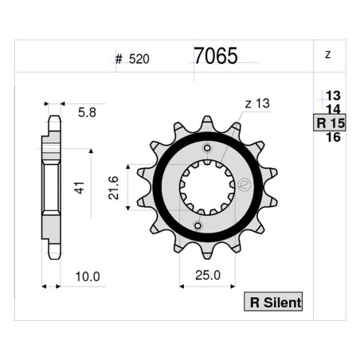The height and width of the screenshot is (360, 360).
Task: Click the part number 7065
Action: pyautogui.click(x=215, y=55)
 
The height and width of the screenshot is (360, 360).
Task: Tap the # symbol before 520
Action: pyautogui.click(x=119, y=59)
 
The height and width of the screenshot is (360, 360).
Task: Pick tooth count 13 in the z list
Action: pyautogui.click(x=333, y=96)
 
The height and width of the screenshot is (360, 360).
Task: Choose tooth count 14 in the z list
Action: pyautogui.click(x=333, y=109)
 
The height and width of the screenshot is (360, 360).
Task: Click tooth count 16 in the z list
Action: pyautogui.click(x=333, y=138)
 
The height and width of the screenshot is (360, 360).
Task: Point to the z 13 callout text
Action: pyautogui.click(x=257, y=104)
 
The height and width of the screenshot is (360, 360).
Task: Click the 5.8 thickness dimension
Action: pyautogui.click(x=88, y=114)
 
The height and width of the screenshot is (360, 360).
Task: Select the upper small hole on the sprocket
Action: pyautogui.click(x=209, y=149)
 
